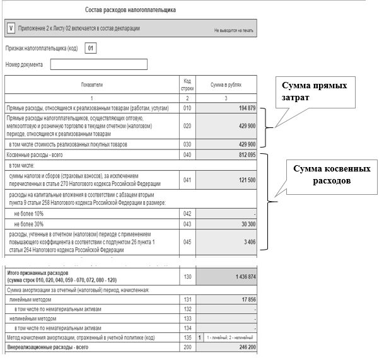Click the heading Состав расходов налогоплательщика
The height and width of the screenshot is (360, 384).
(130, 11)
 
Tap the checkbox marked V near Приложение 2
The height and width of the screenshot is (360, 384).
(11, 28)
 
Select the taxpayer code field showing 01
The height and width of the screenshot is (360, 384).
(91, 48)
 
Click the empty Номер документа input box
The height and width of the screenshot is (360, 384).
(98, 64)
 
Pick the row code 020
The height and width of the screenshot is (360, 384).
(187, 126)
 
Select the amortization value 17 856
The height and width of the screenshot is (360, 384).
(245, 300)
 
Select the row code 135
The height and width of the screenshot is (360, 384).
(187, 338)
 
